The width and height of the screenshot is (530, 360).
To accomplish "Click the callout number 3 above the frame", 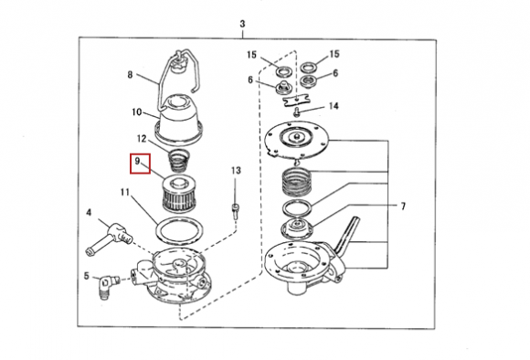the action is pos(242,24).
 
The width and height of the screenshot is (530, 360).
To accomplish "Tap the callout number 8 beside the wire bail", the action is pos(130,74).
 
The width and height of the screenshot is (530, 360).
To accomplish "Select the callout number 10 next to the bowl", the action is pos(136,111).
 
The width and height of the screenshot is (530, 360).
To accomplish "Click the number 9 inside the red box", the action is pos(137,161).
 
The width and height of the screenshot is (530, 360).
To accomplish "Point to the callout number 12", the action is pos(142,139).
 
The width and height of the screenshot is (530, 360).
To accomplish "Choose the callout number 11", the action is pos(124,193).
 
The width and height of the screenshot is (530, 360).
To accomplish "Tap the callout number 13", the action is pos(236,170).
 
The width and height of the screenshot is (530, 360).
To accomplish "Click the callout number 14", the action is pos(334,106).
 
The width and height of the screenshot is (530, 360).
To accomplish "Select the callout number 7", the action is pos(403,206).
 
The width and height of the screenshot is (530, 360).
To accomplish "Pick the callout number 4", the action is pos(89,213).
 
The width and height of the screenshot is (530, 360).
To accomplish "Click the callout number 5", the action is pos(87,276).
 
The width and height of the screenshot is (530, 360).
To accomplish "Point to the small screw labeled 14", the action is pos(297,111).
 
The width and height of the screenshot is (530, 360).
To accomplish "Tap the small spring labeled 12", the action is pos(179,161).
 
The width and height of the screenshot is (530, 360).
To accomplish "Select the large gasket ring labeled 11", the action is pos(179,231).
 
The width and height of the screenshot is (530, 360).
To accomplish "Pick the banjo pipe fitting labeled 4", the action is pos(109,238).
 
